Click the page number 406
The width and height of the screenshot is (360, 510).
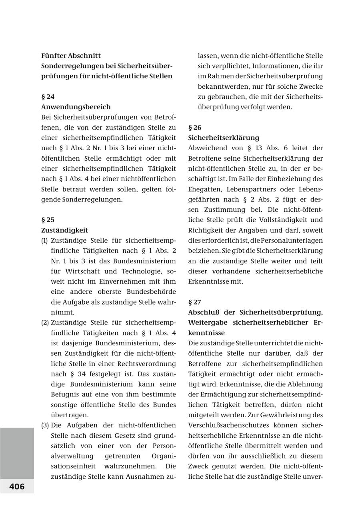17,486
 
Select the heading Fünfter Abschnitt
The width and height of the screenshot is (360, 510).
71,56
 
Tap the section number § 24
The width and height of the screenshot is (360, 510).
48,97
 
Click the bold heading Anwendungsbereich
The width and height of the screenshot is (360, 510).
76,107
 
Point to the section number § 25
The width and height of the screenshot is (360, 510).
48,220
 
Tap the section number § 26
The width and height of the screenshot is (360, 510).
195,127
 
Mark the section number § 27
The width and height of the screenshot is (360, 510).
195,302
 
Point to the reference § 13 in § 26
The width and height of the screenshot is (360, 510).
252,148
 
